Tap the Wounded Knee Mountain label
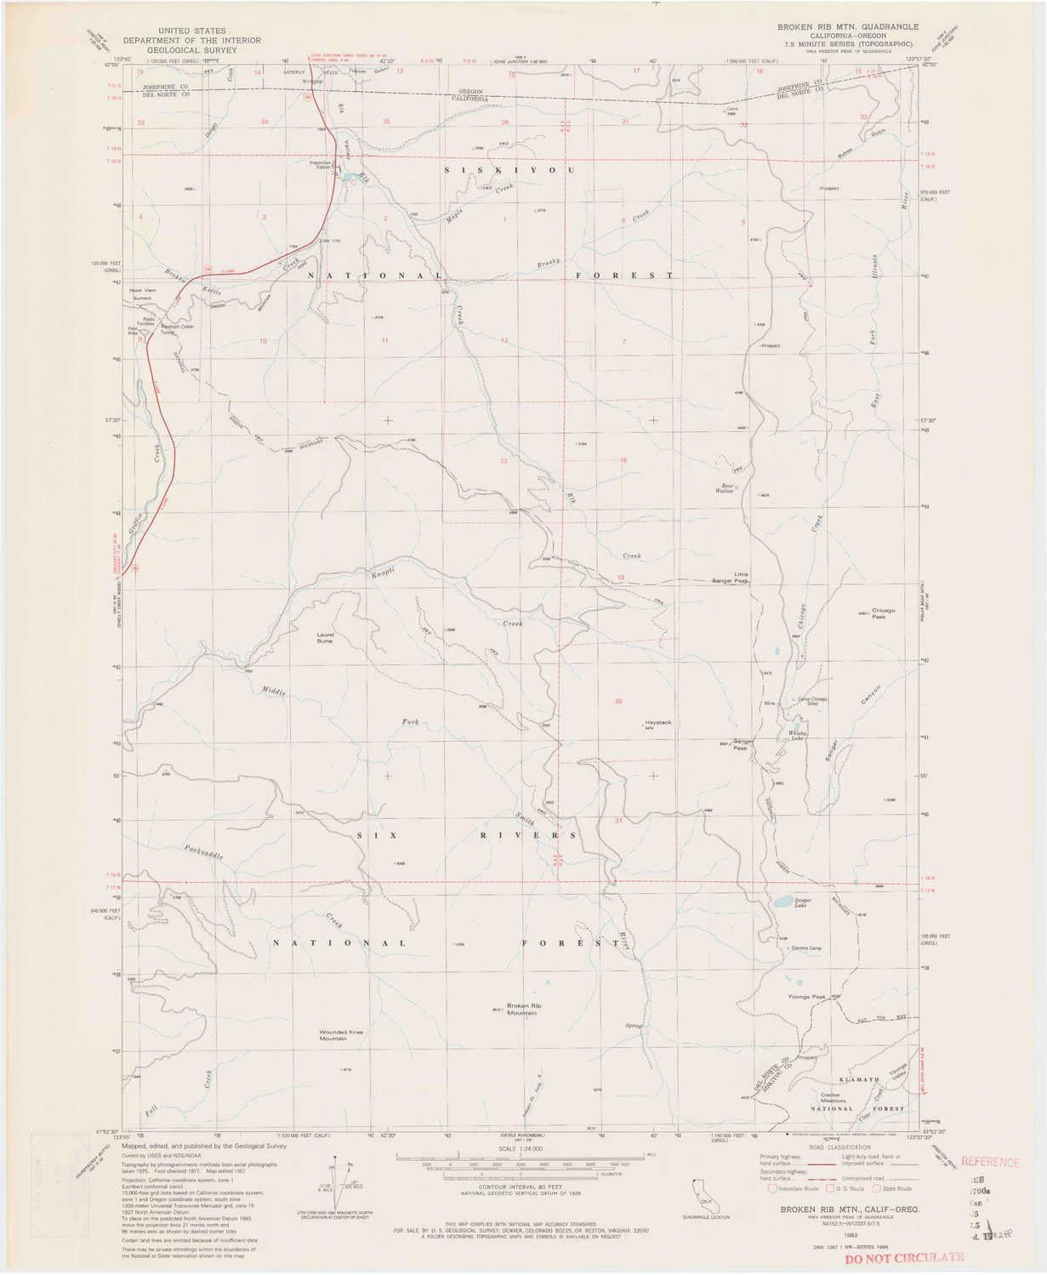click(341, 1035)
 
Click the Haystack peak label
click(658, 722)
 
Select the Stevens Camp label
click(805, 948)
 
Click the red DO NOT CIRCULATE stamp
click(904, 1256)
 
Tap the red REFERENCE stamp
click(989, 1162)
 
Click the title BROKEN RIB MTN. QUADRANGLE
click(848, 27)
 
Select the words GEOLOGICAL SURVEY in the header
click(191, 50)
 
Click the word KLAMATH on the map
click(858, 1079)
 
